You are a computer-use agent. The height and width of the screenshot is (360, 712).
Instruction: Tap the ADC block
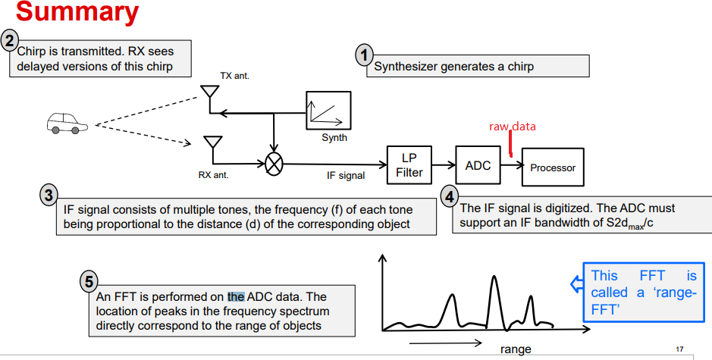478,166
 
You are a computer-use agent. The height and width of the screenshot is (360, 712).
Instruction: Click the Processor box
553,167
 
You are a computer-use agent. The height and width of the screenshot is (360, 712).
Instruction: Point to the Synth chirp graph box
328,111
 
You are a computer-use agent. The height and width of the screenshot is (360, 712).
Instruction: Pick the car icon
66,123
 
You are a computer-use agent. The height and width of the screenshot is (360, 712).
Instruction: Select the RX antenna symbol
213,144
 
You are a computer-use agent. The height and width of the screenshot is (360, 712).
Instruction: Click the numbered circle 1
365,55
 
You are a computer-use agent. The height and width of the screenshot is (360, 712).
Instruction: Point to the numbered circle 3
49,195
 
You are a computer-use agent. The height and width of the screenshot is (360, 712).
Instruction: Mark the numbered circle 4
450,196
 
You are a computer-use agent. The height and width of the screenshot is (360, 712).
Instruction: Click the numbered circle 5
89,282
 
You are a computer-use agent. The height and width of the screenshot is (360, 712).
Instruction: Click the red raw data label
512,127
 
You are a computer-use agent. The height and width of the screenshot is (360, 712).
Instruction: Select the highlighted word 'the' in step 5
236,296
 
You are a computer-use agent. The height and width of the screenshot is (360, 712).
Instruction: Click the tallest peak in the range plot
494,279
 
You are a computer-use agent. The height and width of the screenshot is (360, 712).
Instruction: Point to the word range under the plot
516,349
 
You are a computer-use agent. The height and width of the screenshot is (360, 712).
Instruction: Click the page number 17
679,349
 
